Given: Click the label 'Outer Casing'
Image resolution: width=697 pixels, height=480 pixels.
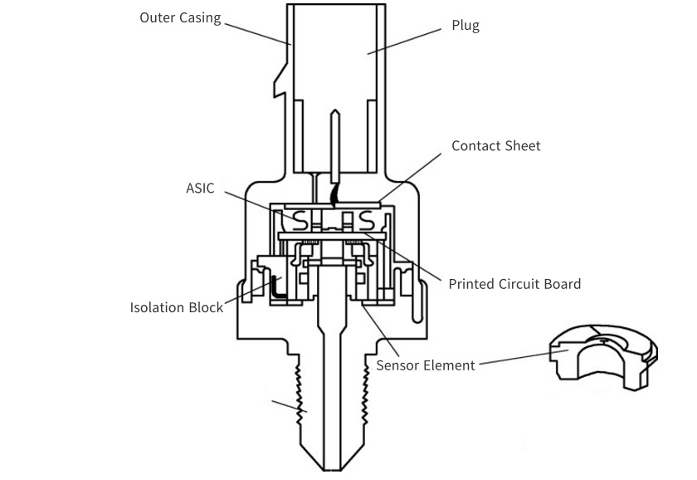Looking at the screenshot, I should pos(180,17).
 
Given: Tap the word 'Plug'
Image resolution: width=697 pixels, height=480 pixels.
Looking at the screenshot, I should pos(465,25).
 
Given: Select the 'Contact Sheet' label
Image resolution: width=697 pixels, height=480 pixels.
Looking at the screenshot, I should pos(495,146).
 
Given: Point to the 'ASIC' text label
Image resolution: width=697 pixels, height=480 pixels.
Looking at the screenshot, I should pos(200,189).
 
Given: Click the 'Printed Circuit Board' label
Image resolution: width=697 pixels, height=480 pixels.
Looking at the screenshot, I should pos(514,284).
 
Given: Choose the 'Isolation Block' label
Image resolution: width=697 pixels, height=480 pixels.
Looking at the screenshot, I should pos(176,307).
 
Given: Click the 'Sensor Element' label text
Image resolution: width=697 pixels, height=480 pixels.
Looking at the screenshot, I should pos(426,365).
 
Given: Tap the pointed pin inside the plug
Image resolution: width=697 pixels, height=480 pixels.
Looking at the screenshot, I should pos(335,141).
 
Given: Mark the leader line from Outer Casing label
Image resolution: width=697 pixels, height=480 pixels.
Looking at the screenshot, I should pos(257,32).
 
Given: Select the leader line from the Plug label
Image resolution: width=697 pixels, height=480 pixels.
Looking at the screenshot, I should pos(403,41).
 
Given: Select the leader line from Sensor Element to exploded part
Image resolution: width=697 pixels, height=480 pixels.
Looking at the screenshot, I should pos(514,358).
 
